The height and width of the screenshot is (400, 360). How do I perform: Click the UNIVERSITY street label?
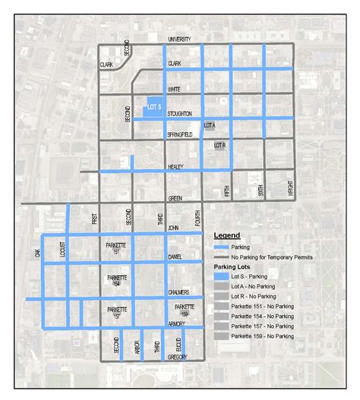179,39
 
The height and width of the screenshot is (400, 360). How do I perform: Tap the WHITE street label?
174,89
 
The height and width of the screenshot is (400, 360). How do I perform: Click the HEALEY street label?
176,166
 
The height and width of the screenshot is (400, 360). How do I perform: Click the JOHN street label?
173,227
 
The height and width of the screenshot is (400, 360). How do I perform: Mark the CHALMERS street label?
180,293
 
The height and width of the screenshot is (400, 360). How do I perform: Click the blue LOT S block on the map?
147,106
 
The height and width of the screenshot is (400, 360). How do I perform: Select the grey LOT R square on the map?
221,145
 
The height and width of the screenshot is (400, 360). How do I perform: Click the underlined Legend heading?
226,235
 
